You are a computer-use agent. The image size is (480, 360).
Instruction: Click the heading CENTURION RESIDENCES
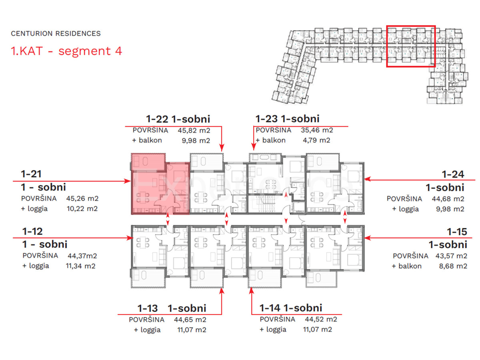[56, 34]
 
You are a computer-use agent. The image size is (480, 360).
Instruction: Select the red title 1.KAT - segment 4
[66, 51]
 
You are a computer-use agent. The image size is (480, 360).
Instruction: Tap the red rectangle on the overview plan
[410, 46]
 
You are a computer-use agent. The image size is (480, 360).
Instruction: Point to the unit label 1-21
[32, 174]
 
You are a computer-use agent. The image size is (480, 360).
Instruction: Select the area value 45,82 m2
[194, 130]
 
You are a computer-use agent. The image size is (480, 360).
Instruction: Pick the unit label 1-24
[453, 174]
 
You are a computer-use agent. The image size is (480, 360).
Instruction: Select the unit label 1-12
[32, 231]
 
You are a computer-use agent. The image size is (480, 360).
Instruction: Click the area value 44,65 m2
[190, 320]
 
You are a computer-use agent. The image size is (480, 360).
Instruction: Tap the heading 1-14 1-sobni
[291, 308]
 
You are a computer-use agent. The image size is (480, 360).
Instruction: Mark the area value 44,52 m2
[321, 319]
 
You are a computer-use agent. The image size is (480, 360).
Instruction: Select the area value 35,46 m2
[317, 130]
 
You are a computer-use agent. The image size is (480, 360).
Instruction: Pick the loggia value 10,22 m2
[82, 208]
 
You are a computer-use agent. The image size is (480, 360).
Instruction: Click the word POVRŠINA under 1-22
[150, 130]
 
